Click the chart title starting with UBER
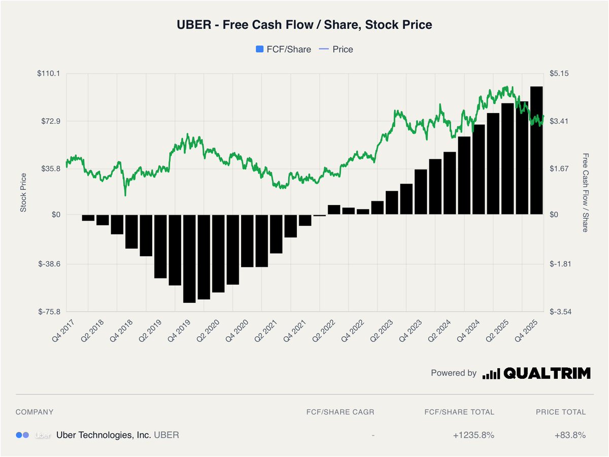304,24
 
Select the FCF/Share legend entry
283,49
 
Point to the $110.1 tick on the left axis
49,74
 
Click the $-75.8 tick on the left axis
50,312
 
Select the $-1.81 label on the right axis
560,264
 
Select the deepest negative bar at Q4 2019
189,258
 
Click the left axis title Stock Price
23,192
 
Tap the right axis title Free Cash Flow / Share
585,192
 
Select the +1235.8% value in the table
473,435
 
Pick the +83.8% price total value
570,435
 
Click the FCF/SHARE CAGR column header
340,412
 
